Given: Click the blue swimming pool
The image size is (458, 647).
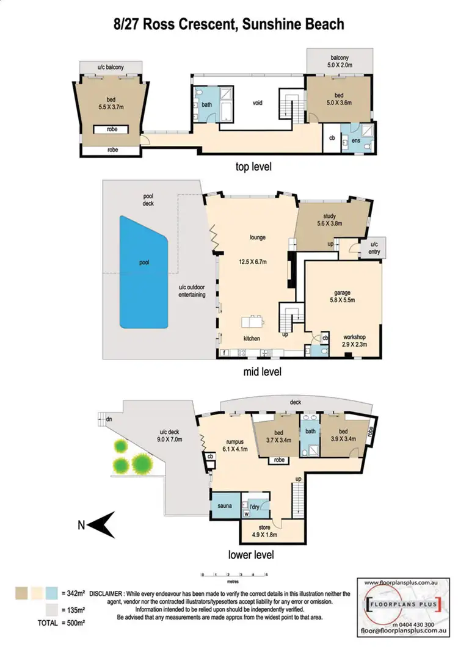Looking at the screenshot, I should point(143,272).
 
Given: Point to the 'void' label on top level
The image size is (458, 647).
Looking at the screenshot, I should point(257,103).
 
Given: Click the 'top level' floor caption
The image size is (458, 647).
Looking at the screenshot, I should point(253,166).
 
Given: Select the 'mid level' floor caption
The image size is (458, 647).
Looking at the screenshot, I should point(260,370).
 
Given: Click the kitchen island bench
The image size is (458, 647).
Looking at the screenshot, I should point(254,321).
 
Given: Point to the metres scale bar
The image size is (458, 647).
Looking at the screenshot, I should point(234,575).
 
